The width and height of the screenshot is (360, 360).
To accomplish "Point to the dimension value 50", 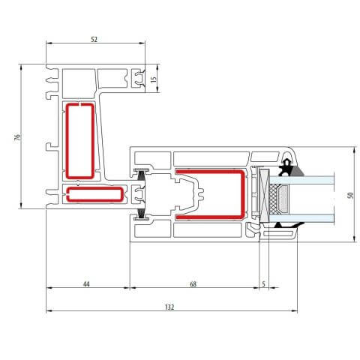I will (349, 195).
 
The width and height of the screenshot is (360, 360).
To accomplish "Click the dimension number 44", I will (86, 283).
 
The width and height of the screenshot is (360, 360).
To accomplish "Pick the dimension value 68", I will (193, 283).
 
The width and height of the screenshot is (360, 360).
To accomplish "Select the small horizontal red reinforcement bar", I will (94, 195).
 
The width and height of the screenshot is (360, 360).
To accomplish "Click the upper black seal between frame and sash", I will (141, 175).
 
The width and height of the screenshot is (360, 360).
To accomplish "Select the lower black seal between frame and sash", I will (141, 214).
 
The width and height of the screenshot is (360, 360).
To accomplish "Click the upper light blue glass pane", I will (315, 179).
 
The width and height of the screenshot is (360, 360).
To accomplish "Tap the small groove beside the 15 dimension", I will (138, 77).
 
